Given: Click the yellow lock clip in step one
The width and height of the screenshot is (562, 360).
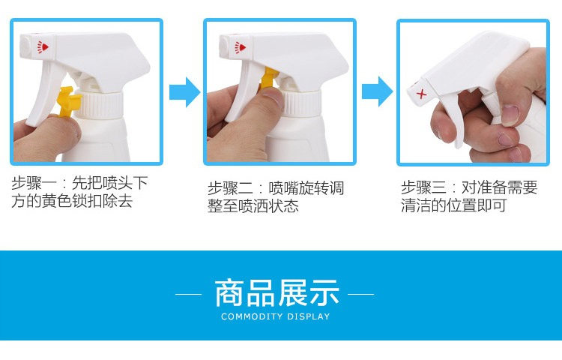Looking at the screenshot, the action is point(67,101).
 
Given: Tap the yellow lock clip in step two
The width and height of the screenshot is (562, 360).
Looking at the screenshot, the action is point(268,78).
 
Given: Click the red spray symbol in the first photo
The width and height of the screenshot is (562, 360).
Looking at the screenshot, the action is point(43,47).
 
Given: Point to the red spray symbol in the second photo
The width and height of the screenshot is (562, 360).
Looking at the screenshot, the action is point(240,47).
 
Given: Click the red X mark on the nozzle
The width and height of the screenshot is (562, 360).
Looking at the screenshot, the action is point(421,94).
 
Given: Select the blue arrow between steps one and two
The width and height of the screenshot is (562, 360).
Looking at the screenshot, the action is point(184,91).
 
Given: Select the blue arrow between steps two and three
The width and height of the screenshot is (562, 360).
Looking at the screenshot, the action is point(377,91).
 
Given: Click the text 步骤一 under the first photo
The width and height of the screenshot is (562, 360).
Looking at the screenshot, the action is point(34,183).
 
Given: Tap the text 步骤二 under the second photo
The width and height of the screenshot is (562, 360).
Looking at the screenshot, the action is point(230,188).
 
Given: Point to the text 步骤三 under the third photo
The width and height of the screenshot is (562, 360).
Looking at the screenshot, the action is point(423,187).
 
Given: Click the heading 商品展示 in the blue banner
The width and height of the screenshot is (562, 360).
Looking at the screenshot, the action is point(277,293).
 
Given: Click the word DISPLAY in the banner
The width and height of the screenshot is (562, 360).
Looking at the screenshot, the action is point(308,316).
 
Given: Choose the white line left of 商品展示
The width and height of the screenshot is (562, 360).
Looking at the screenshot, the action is point(188,295).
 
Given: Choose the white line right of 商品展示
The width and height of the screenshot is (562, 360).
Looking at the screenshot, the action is point(360,295).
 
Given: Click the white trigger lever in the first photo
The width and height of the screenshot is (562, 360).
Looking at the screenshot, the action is point(46,94).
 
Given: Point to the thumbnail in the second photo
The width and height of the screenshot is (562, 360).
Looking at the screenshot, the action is point(273,95).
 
